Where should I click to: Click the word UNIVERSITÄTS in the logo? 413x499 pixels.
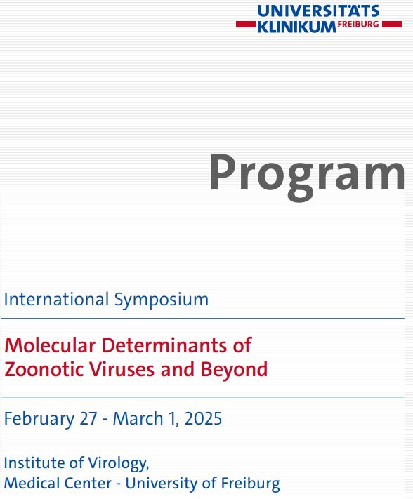(318, 11)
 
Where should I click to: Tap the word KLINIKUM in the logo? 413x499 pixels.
(297, 27)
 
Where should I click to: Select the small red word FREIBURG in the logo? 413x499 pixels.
(358, 24)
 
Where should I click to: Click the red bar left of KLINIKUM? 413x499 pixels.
(246, 24)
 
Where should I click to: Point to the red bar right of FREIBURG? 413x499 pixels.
(392, 24)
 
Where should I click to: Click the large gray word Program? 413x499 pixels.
(307, 176)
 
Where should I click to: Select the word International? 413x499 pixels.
(56, 299)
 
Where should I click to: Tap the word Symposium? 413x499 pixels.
(161, 300)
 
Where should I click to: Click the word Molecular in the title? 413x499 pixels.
(50, 345)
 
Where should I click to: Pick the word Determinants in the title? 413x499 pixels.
(164, 345)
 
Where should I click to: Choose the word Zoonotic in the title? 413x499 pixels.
(44, 369)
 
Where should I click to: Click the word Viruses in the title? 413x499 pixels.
(122, 369)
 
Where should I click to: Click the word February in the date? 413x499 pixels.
(39, 419)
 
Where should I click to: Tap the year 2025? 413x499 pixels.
(203, 418)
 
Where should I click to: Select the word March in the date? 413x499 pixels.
(138, 418)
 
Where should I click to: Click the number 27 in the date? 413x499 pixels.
(88, 418)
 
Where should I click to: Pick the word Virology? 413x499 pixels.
(119, 463)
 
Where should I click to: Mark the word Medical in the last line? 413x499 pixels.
(31, 483)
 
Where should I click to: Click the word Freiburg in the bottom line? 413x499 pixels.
(250, 484)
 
